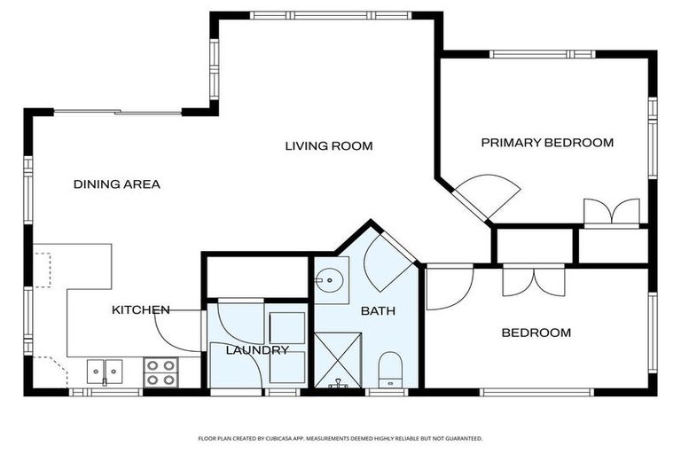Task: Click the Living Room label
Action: (329, 146)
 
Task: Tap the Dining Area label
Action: (117, 184)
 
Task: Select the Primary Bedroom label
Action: (547, 143)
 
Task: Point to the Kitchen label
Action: (141, 309)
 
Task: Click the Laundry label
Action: (257, 350)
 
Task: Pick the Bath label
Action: (378, 311)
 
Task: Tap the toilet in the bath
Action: (390, 370)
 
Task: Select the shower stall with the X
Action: (338, 360)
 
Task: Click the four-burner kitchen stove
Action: (160, 372)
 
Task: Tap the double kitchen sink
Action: (105, 372)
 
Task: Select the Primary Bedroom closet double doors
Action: (612, 213)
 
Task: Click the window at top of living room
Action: (331, 16)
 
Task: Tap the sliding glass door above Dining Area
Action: (117, 112)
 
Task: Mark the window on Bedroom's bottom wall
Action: (536, 392)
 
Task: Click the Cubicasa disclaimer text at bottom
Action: (340, 439)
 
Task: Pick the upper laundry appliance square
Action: (287, 328)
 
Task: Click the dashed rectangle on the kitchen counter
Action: (43, 270)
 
